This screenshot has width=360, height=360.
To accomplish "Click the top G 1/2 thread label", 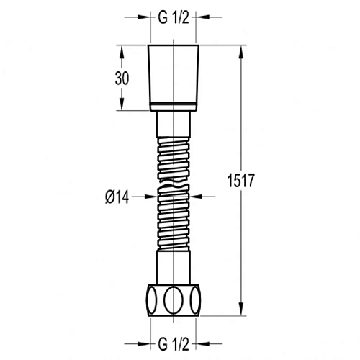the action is [x=174, y=17].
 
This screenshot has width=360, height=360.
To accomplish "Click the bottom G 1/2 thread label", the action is [x=174, y=344].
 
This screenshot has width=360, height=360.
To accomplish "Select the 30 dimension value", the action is [x=122, y=78].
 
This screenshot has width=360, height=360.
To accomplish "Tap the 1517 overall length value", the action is [x=240, y=180].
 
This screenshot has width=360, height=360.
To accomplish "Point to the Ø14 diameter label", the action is [x=117, y=197].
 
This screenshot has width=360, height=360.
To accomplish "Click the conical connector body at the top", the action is [x=174, y=74].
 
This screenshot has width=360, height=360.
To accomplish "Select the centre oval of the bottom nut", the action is [x=174, y=300].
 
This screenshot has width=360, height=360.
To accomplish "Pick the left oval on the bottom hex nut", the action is [x=152, y=300].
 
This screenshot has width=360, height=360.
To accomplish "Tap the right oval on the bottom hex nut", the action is [x=195, y=300].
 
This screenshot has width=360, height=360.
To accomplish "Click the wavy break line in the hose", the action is [x=174, y=183].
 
